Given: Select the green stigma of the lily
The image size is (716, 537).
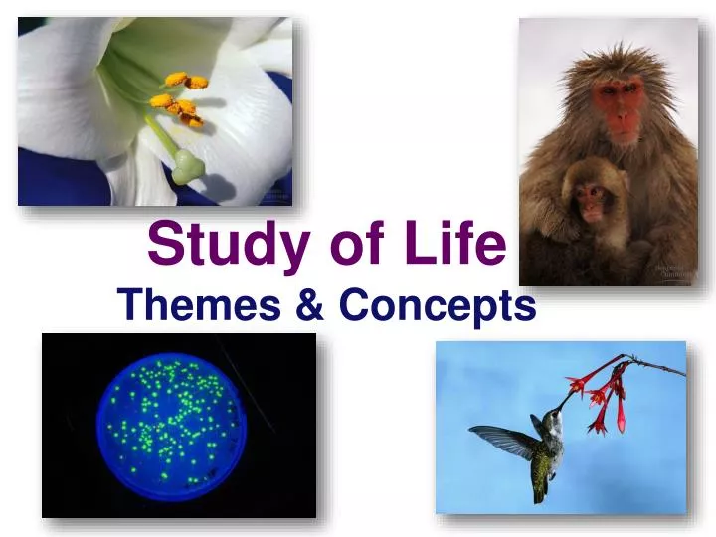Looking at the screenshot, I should pos(187,168).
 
